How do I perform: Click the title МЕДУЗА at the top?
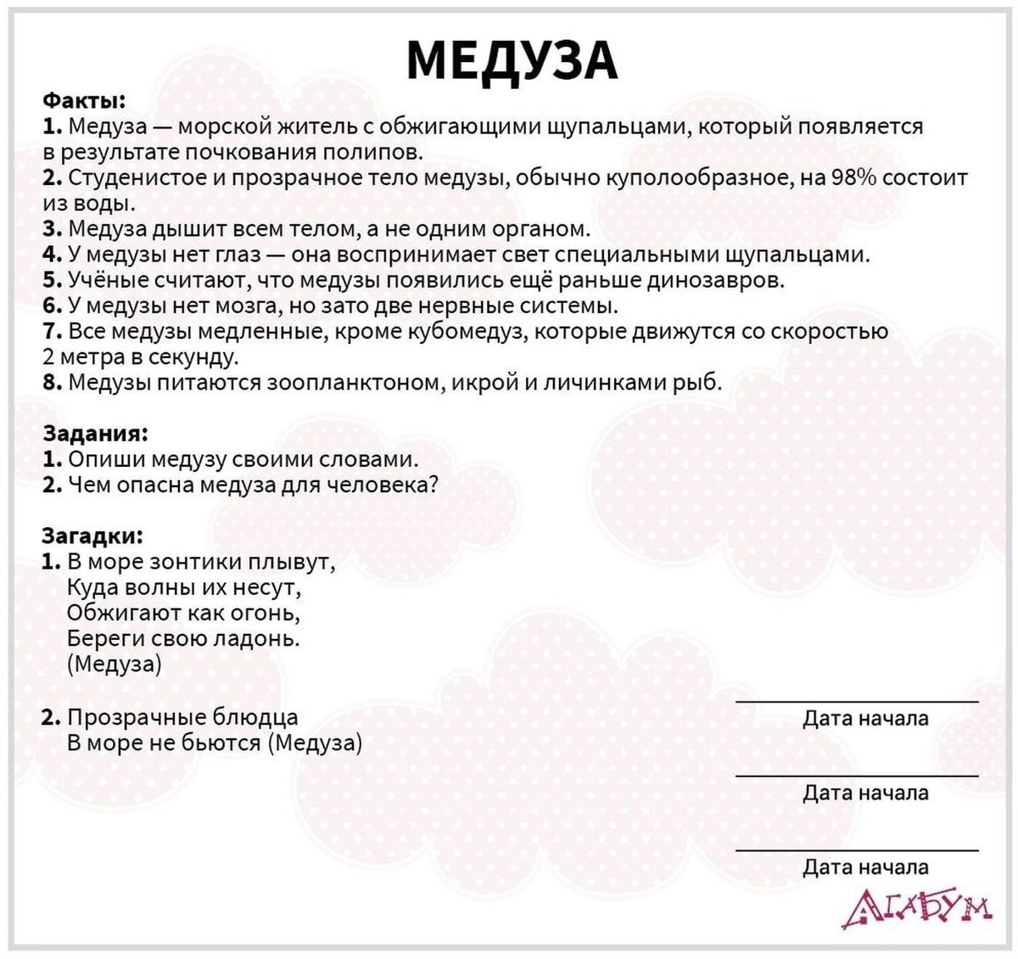(x=512, y=59)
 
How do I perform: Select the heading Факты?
(x=84, y=101)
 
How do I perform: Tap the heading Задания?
(x=95, y=433)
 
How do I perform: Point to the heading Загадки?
(x=92, y=536)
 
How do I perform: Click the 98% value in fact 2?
(x=854, y=178)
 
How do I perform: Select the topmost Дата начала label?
(x=865, y=719)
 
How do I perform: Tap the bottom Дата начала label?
(x=865, y=867)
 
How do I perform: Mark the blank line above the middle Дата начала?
(x=857, y=776)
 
